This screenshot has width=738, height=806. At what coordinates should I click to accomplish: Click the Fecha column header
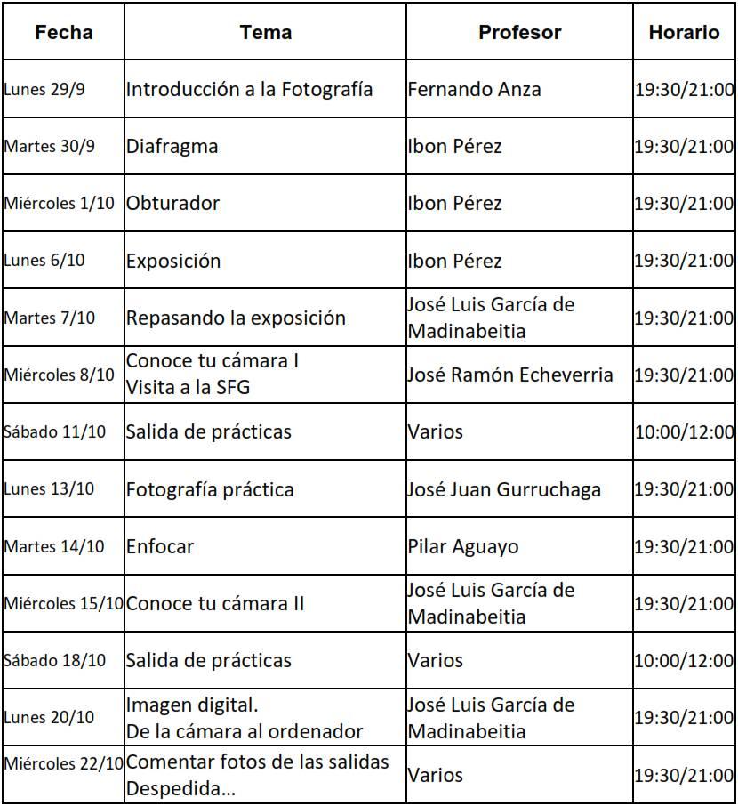(63, 33)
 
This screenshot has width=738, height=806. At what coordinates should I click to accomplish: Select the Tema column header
(265, 33)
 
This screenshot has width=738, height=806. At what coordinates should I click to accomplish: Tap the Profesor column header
(519, 33)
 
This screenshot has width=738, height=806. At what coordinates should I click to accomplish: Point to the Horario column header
(684, 33)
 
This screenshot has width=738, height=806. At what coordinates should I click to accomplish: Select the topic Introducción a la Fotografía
(249, 89)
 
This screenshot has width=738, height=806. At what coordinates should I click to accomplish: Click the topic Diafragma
(172, 146)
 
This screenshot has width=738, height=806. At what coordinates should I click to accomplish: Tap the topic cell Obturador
(172, 203)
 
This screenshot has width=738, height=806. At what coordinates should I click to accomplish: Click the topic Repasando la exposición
(236, 318)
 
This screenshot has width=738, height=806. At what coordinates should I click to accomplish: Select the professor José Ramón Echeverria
(510, 375)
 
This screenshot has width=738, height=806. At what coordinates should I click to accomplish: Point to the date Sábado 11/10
(54, 432)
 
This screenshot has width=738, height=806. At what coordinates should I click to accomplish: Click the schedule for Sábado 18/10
(684, 661)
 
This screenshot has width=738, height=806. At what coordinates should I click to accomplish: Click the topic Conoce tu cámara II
(215, 603)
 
